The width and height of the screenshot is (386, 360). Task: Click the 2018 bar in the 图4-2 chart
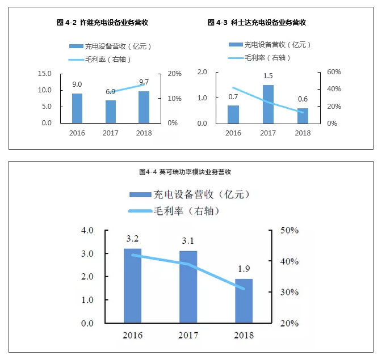pos(144,107)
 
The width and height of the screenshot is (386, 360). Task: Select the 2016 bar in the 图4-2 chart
pos(77,108)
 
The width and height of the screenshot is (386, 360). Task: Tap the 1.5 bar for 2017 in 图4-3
pos(268,104)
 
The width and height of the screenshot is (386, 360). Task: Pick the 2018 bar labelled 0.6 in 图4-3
pos(303,116)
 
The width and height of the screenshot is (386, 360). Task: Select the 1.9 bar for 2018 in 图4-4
pos(244,301)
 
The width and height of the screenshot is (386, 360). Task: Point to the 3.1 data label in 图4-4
pos(188,241)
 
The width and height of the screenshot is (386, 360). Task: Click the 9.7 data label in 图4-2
pos(144,82)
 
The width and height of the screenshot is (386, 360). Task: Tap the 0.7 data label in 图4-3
pos(233,96)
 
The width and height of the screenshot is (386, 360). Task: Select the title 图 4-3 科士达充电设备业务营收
pos(257,23)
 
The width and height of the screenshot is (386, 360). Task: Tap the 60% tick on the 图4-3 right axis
pos(333,72)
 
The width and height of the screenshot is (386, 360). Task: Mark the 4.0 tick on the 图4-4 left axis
pos(87,231)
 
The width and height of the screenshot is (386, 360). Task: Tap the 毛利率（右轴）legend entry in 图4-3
pos(267,58)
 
